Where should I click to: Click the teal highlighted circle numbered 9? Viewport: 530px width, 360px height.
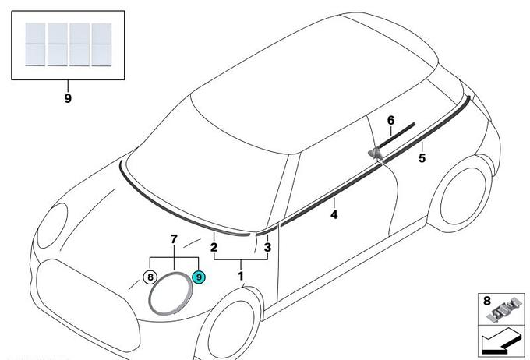click(199, 277)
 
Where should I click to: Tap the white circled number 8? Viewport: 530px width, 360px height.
click(150, 277)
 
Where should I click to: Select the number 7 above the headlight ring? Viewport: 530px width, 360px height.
click(174, 239)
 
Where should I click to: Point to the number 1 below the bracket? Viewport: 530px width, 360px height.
click(241, 276)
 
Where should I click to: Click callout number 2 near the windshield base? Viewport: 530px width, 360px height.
click(214, 247)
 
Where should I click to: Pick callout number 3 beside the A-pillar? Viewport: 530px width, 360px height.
click(267, 247)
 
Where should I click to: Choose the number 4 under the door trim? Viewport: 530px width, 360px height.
click(334, 214)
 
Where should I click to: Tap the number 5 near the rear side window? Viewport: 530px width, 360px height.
click(422, 158)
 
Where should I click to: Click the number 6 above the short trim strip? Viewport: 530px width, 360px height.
click(390, 120)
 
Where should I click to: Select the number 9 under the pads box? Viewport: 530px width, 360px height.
click(68, 98)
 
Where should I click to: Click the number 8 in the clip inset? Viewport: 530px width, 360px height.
click(486, 301)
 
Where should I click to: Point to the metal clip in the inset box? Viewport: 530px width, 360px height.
click(503, 310)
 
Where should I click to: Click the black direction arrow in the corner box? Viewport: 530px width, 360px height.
click(500, 342)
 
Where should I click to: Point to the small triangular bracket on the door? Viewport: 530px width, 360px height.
click(375, 154)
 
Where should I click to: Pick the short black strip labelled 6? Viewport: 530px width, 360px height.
click(396, 136)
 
